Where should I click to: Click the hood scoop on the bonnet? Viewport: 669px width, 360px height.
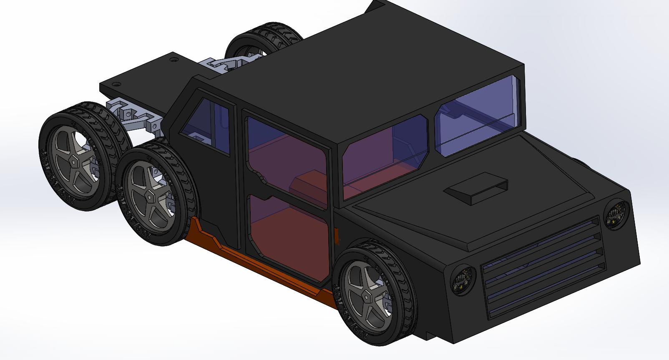475,189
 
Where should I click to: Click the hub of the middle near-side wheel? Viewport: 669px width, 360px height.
149,196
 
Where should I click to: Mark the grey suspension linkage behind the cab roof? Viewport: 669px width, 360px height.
225,65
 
